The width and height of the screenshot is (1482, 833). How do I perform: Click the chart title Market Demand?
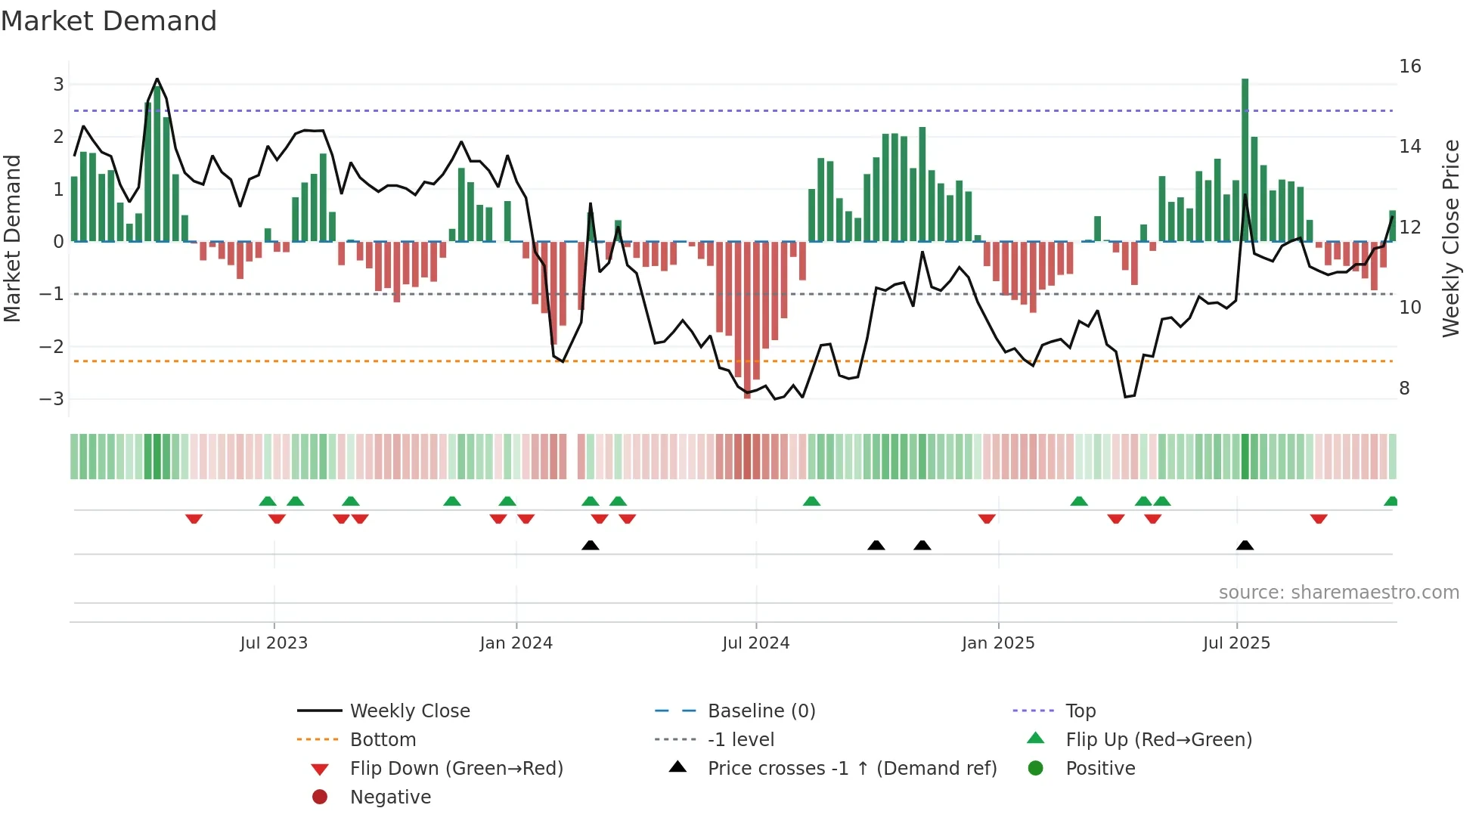click(x=109, y=21)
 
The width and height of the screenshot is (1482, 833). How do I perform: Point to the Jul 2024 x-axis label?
click(x=755, y=643)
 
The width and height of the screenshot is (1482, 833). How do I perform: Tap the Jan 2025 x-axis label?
click(x=997, y=643)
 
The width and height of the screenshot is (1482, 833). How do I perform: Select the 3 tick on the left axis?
click(x=58, y=84)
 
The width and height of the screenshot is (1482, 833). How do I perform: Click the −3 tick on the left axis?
click(x=52, y=398)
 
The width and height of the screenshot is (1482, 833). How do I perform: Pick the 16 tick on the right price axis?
click(x=1409, y=67)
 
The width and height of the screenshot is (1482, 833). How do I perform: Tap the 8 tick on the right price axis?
click(x=1404, y=389)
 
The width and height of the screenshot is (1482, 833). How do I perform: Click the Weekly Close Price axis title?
click(x=1450, y=238)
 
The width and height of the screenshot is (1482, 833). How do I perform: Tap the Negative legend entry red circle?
click(x=320, y=797)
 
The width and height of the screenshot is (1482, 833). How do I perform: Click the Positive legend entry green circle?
click(x=1036, y=769)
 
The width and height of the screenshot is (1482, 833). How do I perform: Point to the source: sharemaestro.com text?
click(x=1338, y=593)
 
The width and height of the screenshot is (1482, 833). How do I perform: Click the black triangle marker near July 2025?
click(x=1245, y=545)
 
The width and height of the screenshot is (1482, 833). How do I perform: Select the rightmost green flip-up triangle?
click(x=1391, y=501)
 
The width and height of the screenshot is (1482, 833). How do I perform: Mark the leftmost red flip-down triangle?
click(x=194, y=519)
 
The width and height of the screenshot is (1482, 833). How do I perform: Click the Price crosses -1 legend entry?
click(x=851, y=769)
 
